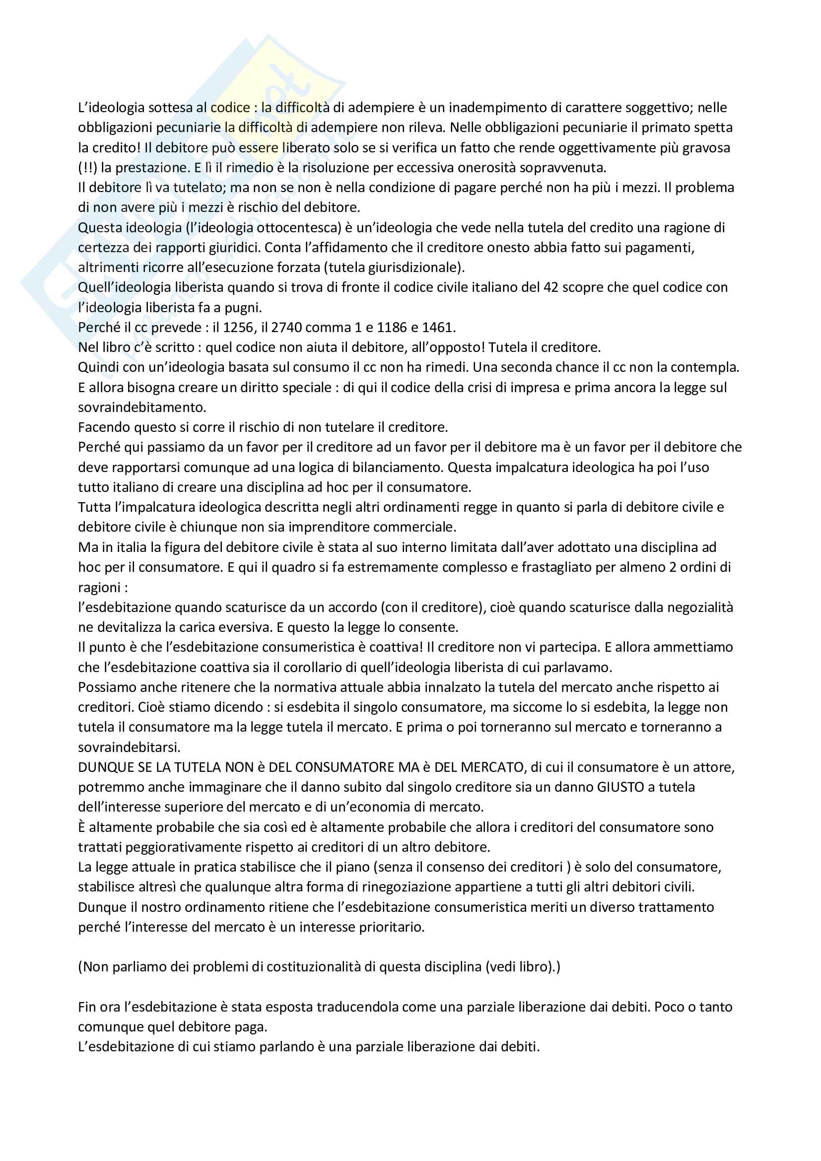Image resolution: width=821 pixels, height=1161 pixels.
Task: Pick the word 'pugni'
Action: [x=243, y=308]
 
